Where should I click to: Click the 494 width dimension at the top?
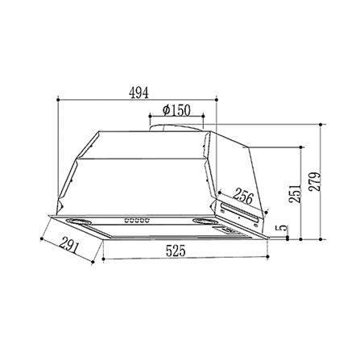[139, 92]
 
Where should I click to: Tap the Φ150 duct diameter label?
[176, 110]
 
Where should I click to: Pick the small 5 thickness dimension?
[283, 230]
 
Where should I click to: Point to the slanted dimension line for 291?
[72, 250]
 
